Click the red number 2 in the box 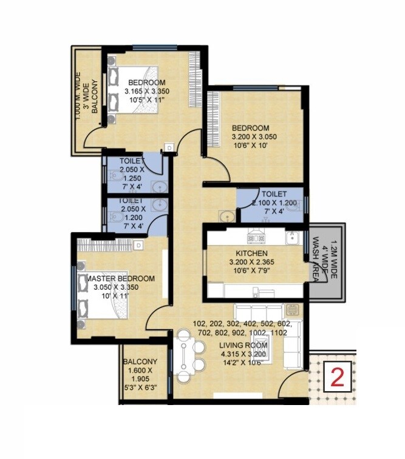click(x=338, y=378)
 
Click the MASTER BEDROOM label click(x=121, y=278)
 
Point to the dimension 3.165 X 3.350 click(x=146, y=92)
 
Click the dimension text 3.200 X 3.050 click(x=254, y=137)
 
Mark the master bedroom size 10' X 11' click(x=120, y=297)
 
